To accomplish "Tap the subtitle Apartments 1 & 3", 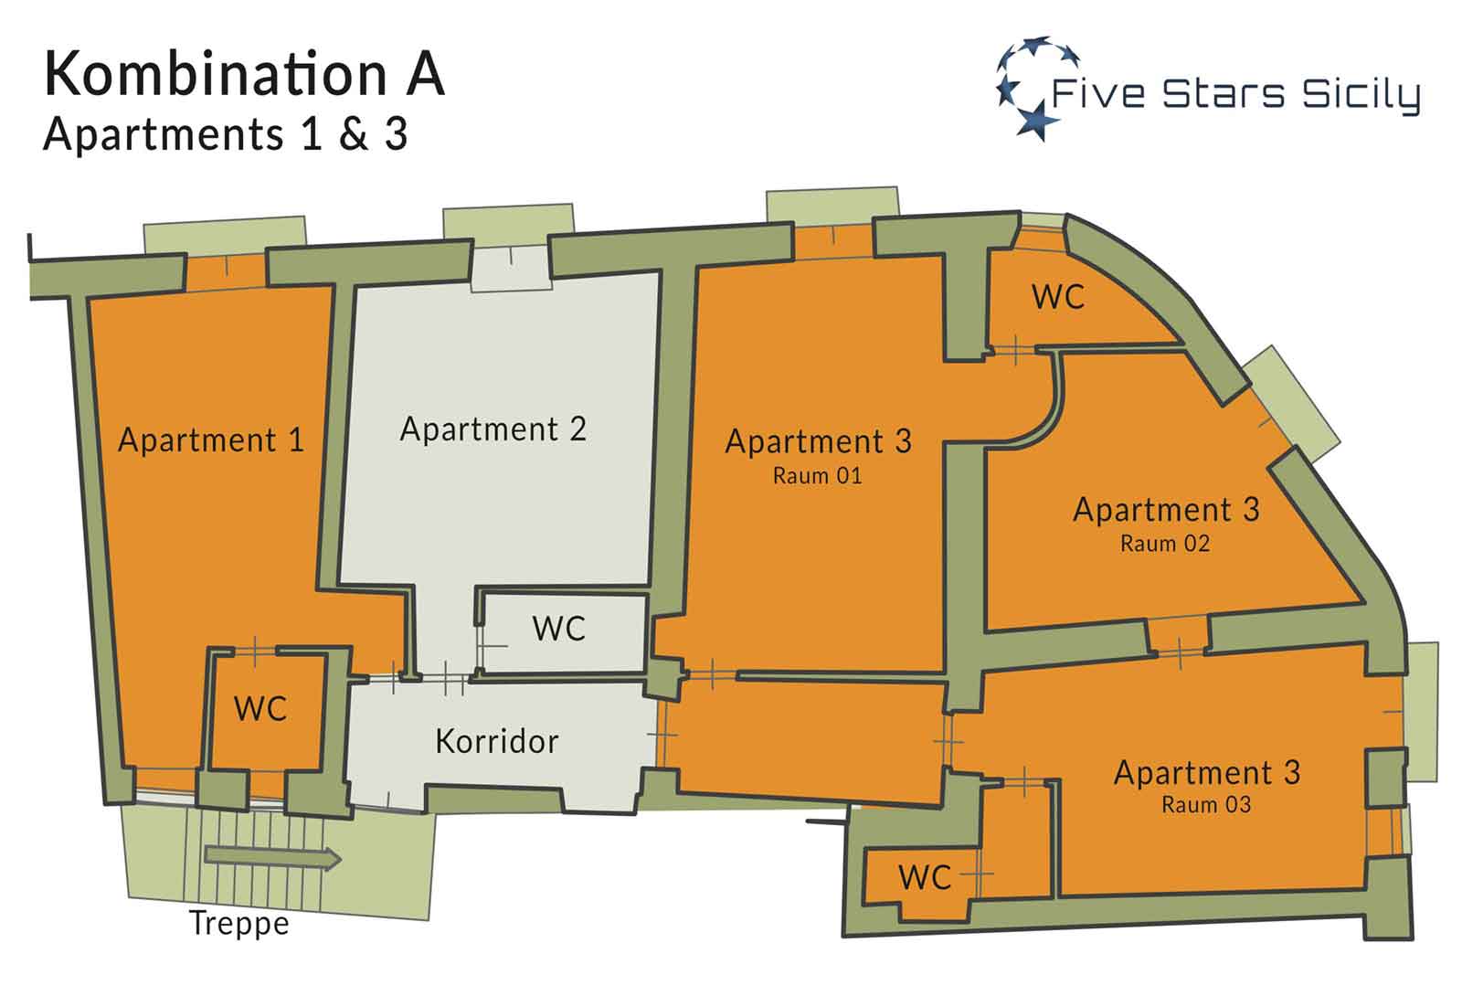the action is point(226,134).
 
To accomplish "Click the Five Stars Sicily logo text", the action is point(1235,95).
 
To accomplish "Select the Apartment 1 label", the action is point(211,440).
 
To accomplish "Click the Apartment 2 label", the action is point(493,429).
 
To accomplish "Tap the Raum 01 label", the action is point(817,476).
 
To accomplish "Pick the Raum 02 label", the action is point(1165,544).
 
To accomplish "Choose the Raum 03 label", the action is point(1206,805).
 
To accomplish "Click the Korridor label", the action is point(497,741).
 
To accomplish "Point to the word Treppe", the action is point(238,924).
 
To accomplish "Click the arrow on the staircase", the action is point(273,858).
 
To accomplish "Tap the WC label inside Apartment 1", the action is point(260,709).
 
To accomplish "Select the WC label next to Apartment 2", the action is point(558,629).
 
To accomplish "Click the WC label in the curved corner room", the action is point(1058,297).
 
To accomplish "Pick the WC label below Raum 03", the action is point(925,878).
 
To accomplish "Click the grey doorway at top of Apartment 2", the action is point(511,269).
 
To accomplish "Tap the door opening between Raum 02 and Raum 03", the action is point(1179,637).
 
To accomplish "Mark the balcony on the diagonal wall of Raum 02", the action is point(1292,406).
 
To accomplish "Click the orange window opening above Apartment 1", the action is point(226,273).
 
